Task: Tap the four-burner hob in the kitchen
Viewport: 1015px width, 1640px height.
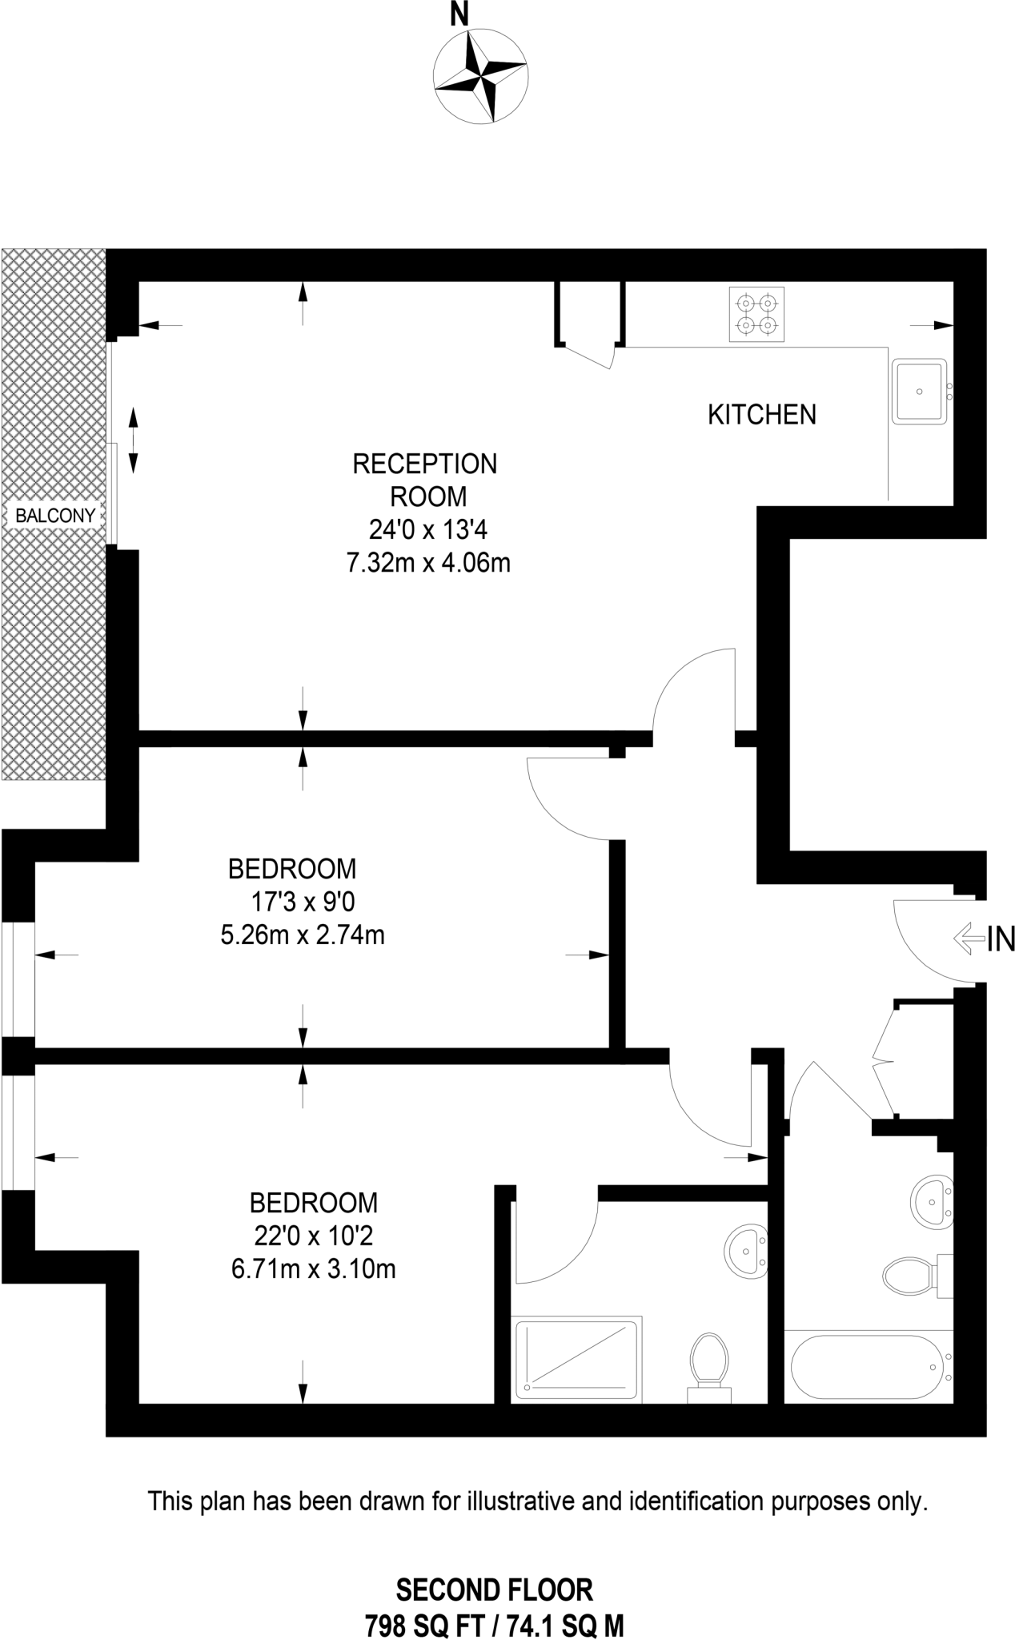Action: [756, 315]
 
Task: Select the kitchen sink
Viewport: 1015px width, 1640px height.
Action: [921, 392]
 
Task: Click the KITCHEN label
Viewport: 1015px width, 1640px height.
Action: [762, 415]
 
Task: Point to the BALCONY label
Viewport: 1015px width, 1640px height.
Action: [55, 516]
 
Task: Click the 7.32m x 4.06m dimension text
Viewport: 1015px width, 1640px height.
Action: [428, 563]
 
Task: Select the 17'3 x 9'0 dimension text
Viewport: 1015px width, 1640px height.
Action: [303, 902]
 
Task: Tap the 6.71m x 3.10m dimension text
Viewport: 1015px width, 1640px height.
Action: [314, 1269]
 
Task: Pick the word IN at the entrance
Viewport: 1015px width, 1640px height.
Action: [1001, 939]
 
